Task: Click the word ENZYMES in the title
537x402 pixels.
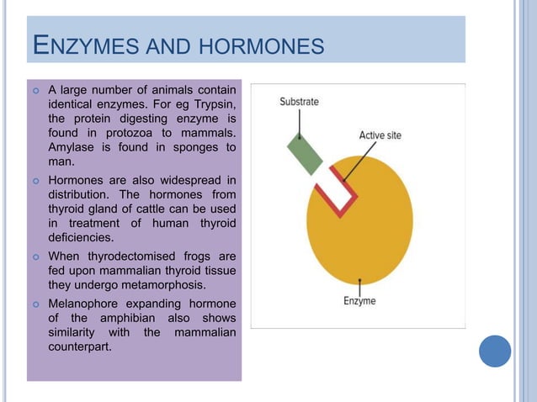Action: (84, 45)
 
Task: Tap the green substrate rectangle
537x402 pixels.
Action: (305, 153)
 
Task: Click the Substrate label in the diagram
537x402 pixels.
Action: (300, 102)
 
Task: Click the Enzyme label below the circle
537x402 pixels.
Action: (359, 300)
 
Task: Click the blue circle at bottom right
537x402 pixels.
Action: (495, 351)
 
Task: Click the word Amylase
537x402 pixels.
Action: (72, 147)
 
